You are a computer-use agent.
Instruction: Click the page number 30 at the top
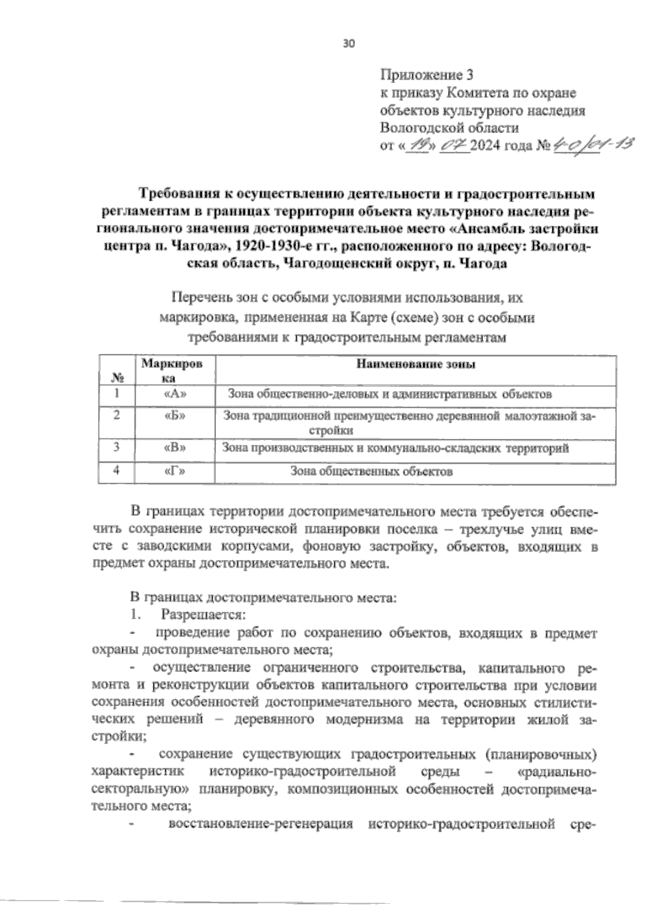[x=349, y=44]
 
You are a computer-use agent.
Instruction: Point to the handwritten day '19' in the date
[x=418, y=146]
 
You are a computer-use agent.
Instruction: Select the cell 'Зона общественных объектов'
[x=371, y=472]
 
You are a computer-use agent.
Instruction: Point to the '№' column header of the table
[x=115, y=377]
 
